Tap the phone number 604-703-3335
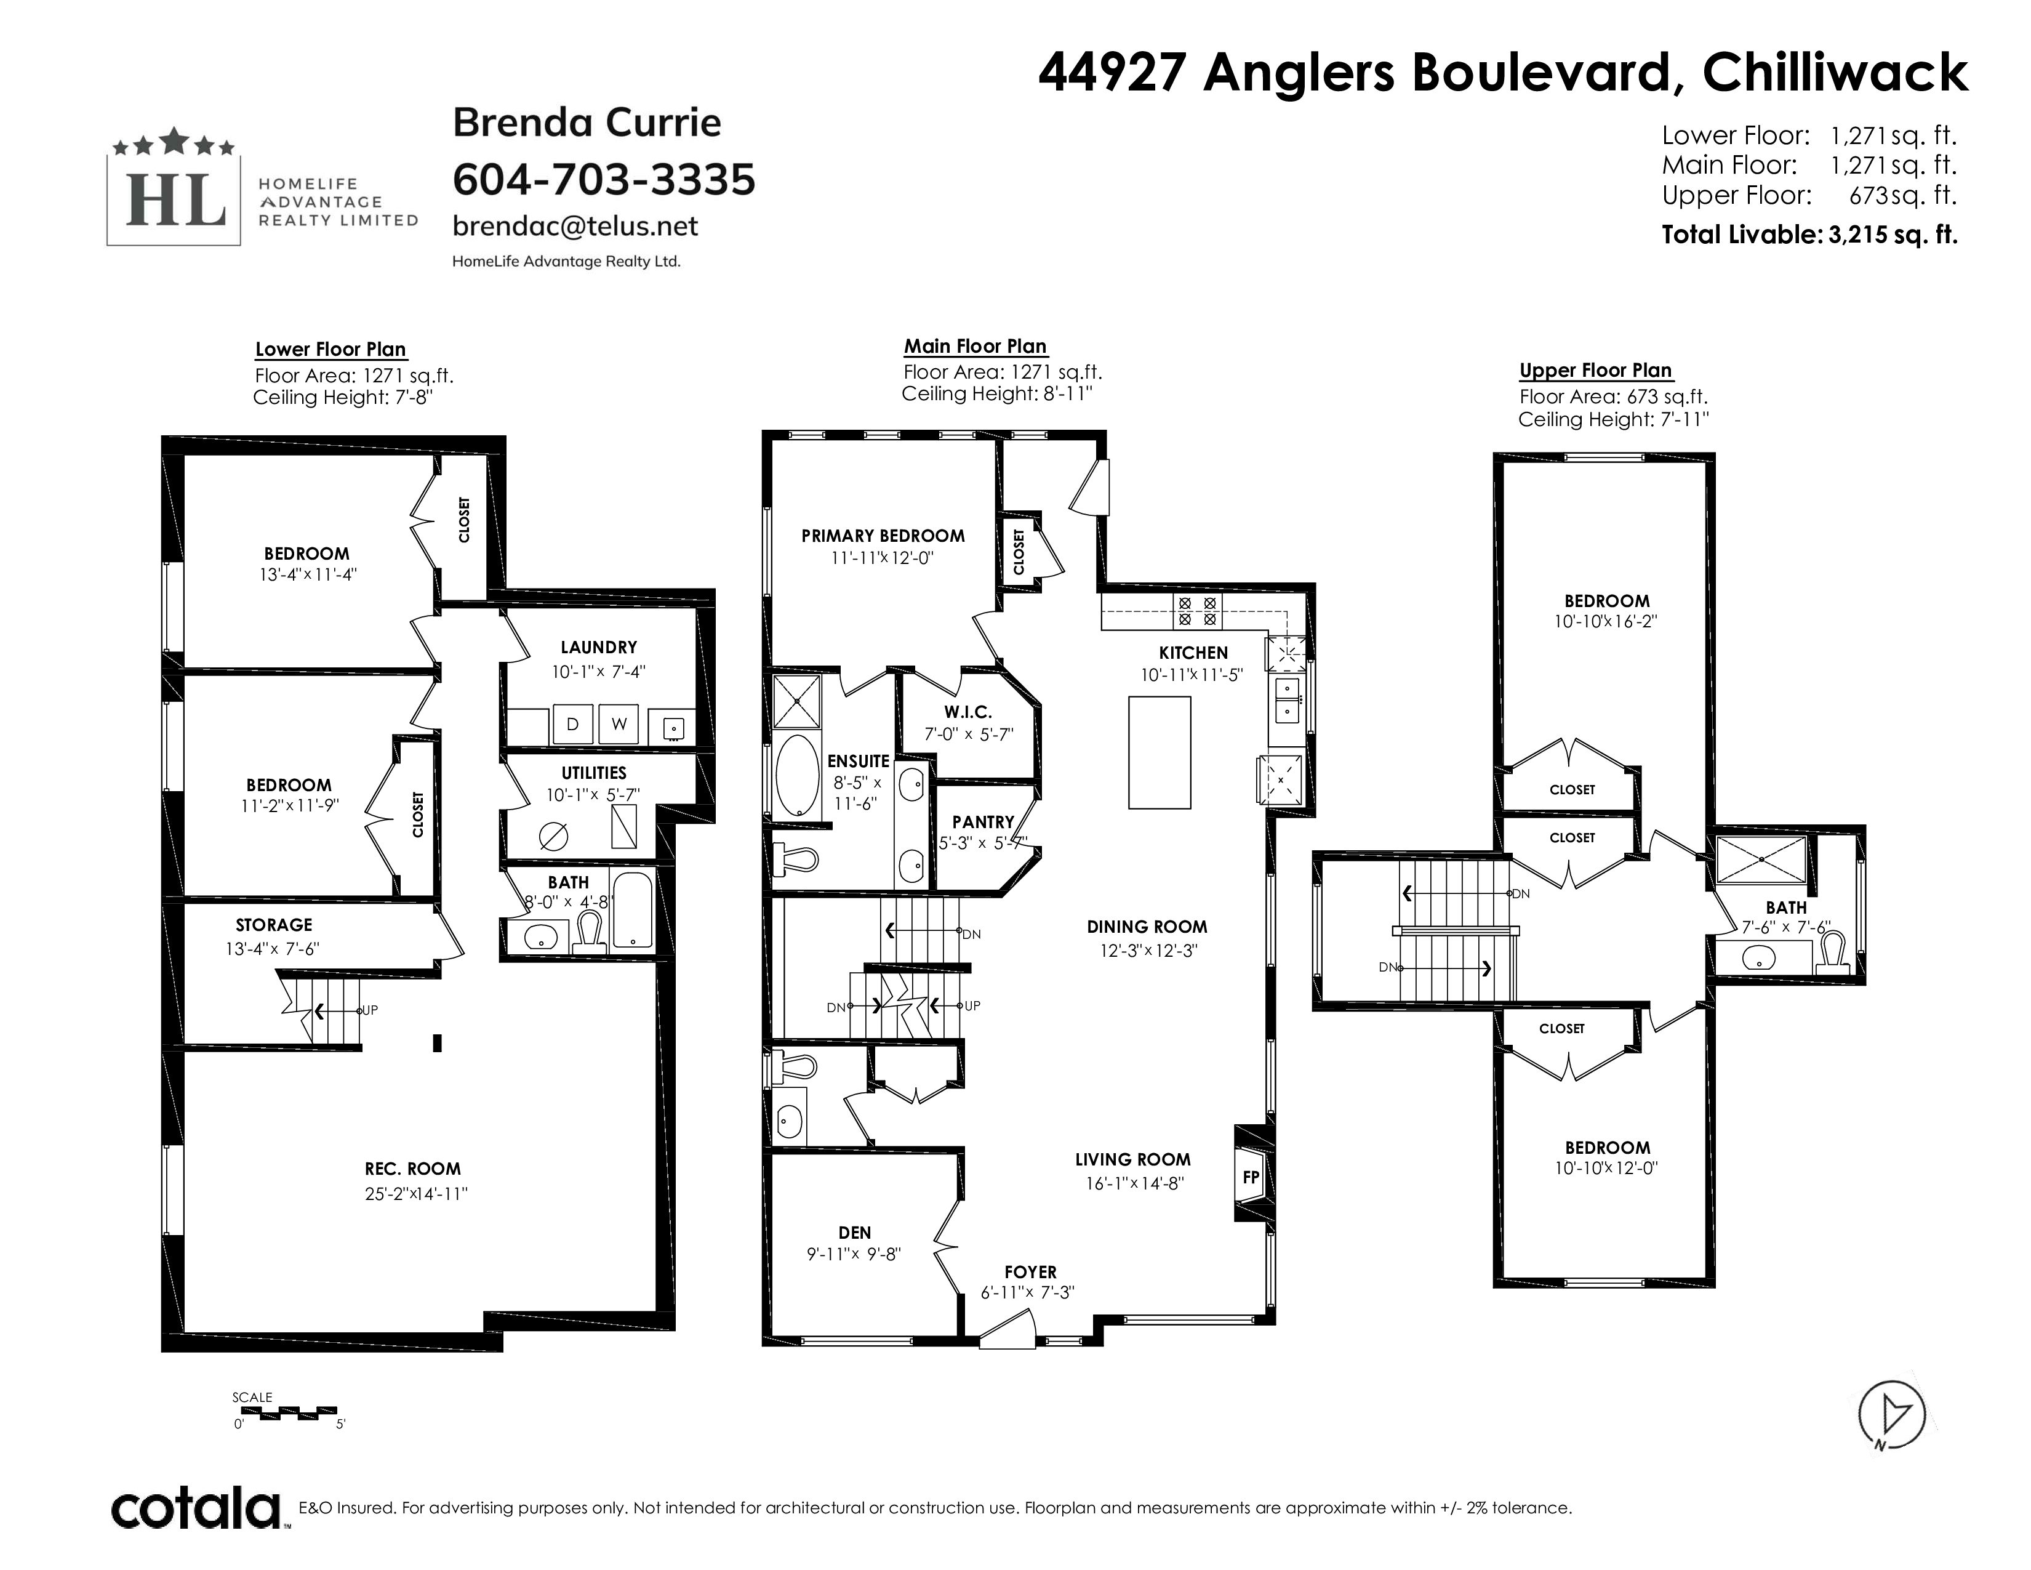[x=604, y=180]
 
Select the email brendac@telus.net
[x=575, y=226]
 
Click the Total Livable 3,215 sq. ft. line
[x=1809, y=235]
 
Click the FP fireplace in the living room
[x=1251, y=1177]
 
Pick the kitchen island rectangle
[x=1160, y=752]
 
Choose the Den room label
[x=855, y=1233]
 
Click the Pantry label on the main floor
[x=983, y=822]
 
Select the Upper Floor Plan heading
[x=1596, y=370]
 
